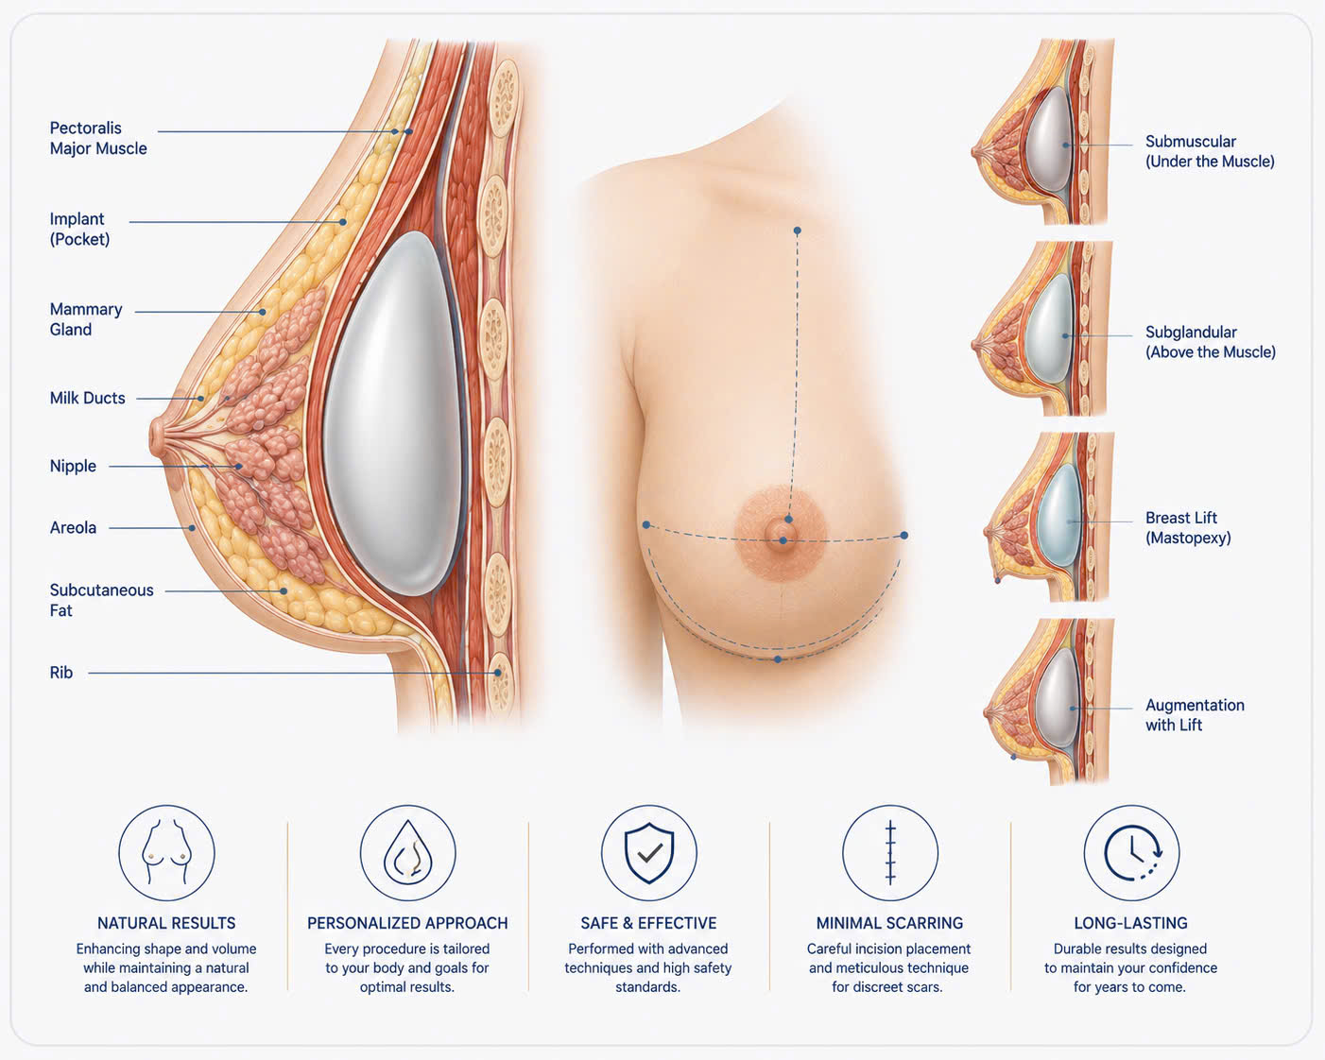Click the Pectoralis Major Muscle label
tap(98, 139)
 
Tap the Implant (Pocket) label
tap(79, 229)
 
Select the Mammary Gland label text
tap(86, 319)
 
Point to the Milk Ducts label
tap(88, 399)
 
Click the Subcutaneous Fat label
tap(101, 600)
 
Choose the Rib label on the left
tap(60, 673)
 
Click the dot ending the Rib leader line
tap(497, 673)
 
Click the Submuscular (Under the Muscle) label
tap(1210, 151)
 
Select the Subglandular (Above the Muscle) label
tap(1211, 342)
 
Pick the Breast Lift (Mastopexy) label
tap(1188, 527)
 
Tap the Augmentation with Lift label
tap(1195, 714)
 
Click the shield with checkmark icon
tap(649, 853)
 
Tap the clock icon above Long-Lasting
tap(1131, 853)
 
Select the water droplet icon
tap(407, 852)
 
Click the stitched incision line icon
tap(890, 852)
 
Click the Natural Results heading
tap(166, 923)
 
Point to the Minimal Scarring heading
tap(889, 923)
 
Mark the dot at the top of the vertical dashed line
tap(798, 231)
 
